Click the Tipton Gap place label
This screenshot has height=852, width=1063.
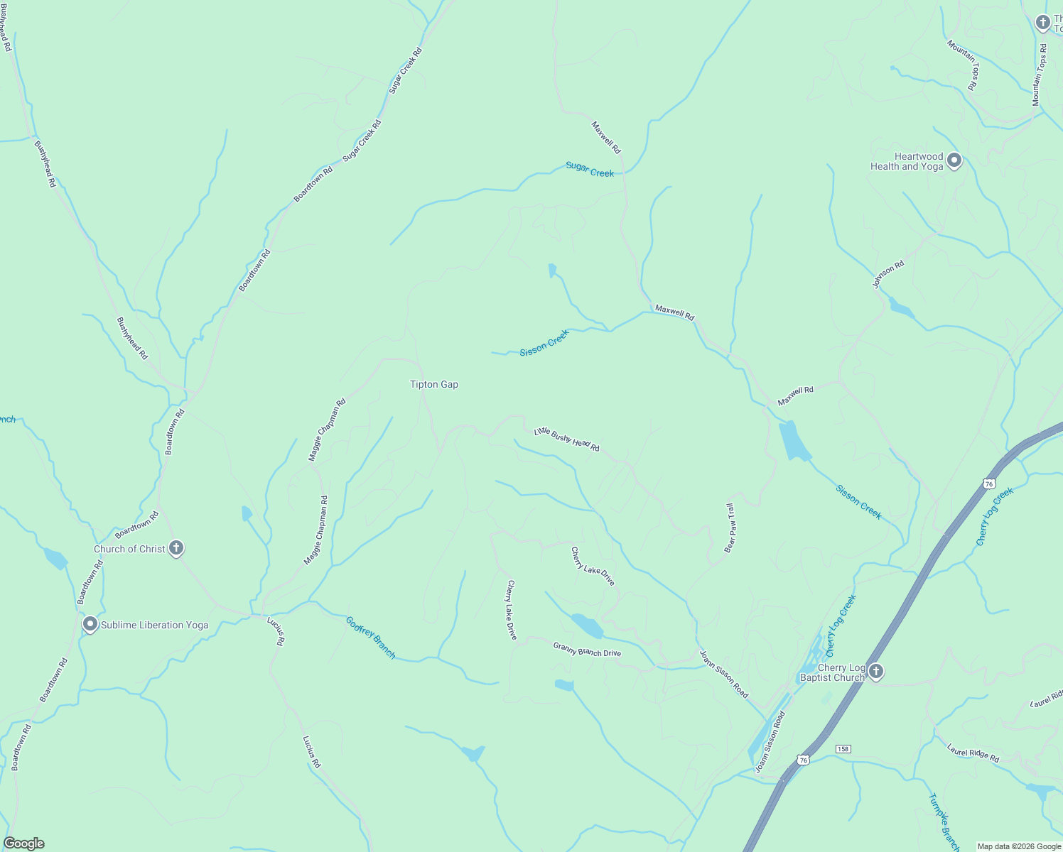pos(434,384)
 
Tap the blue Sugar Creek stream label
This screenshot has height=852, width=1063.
pos(590,169)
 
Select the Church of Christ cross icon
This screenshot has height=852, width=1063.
pos(176,548)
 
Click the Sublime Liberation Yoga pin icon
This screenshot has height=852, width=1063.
pos(90,624)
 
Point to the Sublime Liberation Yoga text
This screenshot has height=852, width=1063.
pos(154,625)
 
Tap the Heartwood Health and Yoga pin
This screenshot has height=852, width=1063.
pos(954,160)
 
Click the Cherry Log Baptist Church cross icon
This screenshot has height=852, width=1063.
pos(876,671)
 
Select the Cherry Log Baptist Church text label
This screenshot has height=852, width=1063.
pos(832,672)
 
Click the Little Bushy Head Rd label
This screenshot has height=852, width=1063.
pos(566,439)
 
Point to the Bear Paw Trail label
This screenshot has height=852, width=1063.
pos(730,528)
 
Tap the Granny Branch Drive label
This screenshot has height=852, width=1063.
pos(587,649)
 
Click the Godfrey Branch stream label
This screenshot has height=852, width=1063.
pos(370,638)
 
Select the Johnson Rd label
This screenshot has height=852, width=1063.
pos(888,275)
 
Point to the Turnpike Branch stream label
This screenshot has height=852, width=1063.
pos(944,822)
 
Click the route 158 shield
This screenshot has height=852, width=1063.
pos(843,749)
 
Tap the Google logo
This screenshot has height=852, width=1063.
pos(23,843)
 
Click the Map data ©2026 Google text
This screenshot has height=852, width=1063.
pos(1019,846)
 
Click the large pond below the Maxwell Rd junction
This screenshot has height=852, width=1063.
pos(793,440)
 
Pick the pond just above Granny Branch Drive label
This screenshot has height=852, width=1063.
pos(587,626)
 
